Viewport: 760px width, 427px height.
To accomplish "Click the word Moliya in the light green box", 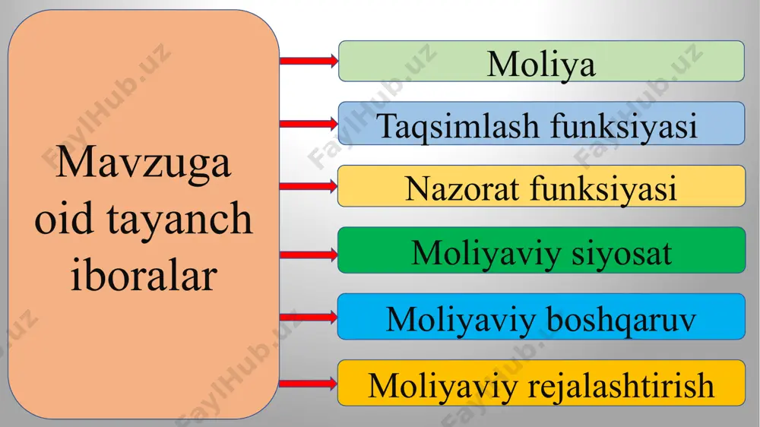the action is tap(541, 65).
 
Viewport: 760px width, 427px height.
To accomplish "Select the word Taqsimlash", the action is tap(458, 127).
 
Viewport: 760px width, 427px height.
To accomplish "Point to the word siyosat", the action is tap(622, 253).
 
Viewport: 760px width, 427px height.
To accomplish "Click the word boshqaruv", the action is tap(621, 320).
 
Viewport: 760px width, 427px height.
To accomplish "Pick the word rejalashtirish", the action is tap(620, 386).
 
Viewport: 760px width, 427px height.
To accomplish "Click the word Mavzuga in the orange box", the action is tap(143, 163).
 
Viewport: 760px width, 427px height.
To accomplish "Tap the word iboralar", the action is tap(144, 274).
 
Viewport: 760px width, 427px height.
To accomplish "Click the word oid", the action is tap(64, 218).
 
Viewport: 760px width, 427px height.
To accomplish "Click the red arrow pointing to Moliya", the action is tap(309, 61).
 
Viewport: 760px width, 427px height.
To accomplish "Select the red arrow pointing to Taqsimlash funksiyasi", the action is tap(309, 124).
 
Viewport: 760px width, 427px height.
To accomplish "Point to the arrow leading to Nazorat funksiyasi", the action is tap(309, 186).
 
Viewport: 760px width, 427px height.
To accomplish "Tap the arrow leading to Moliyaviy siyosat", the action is tap(309, 255).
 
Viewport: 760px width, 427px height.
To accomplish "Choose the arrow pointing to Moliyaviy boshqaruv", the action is tap(309, 318).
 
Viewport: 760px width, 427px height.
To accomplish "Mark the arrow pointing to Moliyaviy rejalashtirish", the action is tap(309, 384).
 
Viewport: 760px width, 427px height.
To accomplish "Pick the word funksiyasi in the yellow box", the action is tap(603, 188).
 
